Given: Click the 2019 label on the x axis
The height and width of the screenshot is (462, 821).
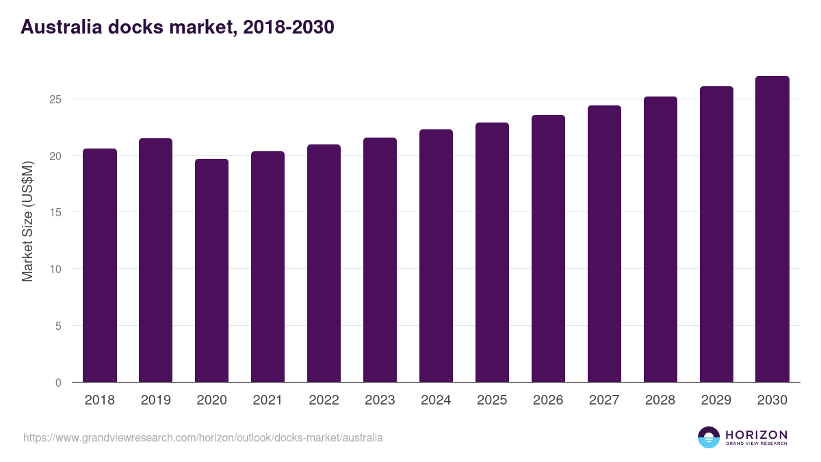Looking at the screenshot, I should tap(156, 400).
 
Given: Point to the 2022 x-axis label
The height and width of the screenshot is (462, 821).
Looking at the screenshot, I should tap(324, 400).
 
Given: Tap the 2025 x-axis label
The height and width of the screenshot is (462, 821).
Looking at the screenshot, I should tap(492, 400).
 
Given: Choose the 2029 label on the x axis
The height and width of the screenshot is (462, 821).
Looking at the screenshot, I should tap(716, 400).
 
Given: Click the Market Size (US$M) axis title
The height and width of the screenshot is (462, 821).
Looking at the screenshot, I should tap(27, 220).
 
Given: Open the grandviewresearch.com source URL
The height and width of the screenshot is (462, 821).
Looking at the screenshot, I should tap(203, 437).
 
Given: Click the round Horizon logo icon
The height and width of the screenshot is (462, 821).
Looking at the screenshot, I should tap(709, 437).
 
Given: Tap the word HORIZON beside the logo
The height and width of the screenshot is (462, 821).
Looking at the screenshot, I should tap(756, 435).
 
